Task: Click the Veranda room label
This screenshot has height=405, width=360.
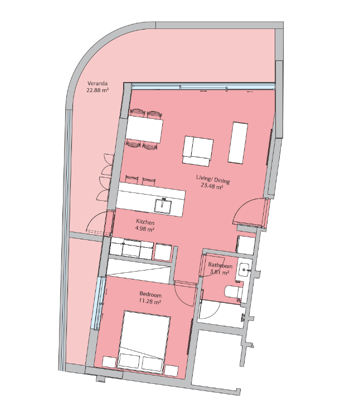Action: (x=98, y=84)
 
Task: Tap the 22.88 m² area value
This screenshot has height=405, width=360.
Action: (x=98, y=90)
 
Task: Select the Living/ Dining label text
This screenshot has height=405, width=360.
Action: (x=213, y=179)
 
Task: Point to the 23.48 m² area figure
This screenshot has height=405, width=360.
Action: (x=212, y=186)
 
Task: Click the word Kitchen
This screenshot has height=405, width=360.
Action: (x=145, y=222)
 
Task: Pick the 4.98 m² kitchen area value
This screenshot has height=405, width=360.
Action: (x=145, y=229)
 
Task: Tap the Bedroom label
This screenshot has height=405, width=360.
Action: (x=150, y=295)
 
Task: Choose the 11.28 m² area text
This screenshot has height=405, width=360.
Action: (x=150, y=301)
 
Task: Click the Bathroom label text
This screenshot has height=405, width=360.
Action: (x=220, y=266)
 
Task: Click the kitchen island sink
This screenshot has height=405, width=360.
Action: (x=163, y=206)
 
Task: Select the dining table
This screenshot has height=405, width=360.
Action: (x=144, y=129)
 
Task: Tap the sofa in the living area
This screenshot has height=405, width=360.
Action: (x=197, y=151)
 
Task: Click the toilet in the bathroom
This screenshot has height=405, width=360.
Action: (x=233, y=292)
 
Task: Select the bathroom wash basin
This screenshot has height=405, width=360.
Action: (x=244, y=271)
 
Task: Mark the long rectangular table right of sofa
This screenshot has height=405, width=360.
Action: (x=238, y=143)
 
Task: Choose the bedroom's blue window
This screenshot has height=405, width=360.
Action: (x=99, y=303)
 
